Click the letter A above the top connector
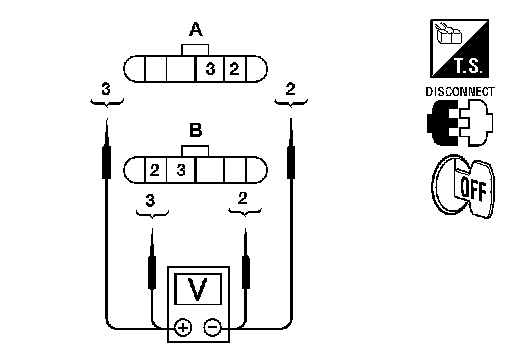(x=196, y=29)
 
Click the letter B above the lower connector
(x=196, y=130)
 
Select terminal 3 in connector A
(x=210, y=69)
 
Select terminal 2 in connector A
(x=235, y=69)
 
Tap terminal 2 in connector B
(x=155, y=170)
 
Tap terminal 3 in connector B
(x=181, y=170)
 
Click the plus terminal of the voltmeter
(x=183, y=327)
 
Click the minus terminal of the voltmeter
(x=212, y=327)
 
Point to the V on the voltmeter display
(x=197, y=289)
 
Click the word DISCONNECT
(x=460, y=92)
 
